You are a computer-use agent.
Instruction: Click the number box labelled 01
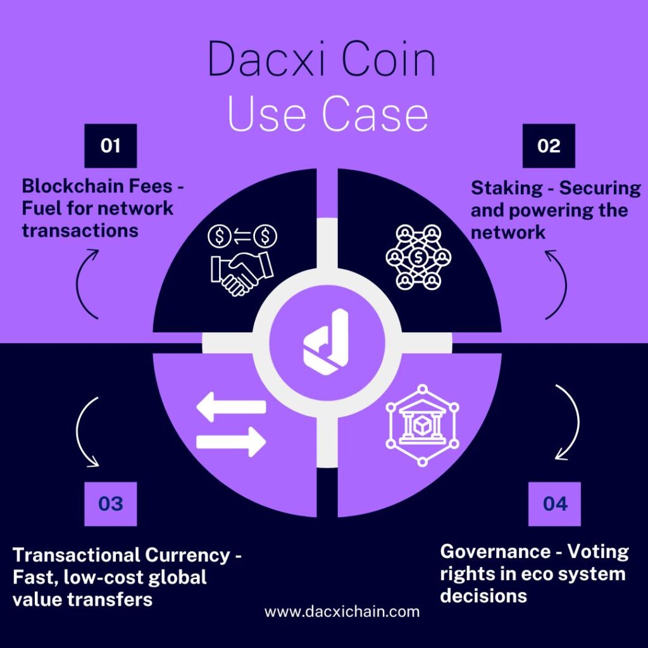(x=110, y=146)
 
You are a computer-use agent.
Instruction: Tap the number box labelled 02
(x=549, y=146)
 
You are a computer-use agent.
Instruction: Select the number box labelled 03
(x=110, y=504)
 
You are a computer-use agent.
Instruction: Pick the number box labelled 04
(x=554, y=504)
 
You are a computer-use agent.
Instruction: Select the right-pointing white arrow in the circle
(x=231, y=440)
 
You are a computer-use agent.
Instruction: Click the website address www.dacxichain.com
(x=342, y=612)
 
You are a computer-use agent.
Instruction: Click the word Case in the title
(x=374, y=115)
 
